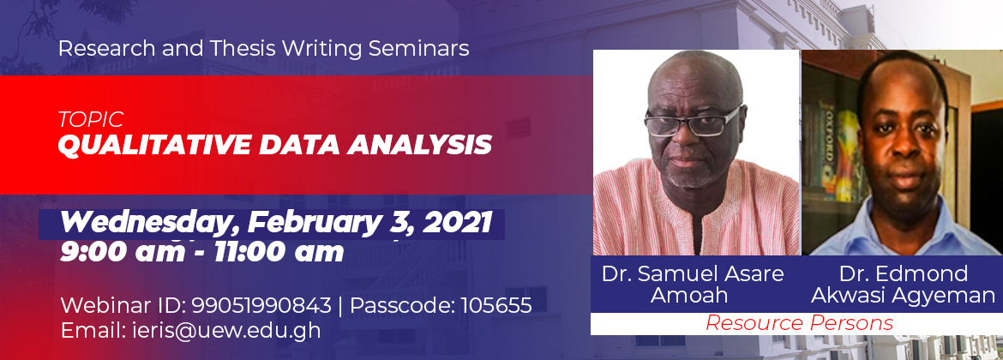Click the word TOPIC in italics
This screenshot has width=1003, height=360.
coord(90,120)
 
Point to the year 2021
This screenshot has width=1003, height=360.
coord(457,223)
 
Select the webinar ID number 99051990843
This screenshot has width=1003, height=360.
coord(261,306)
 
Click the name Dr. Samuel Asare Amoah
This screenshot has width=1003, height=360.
coord(692,285)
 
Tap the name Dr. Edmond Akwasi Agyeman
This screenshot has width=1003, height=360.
coord(903,285)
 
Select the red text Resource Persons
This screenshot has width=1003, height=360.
coord(799,323)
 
